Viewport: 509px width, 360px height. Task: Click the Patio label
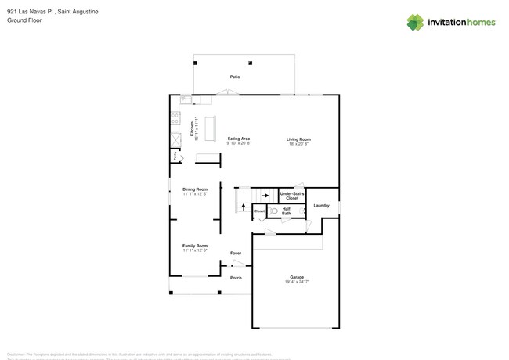235,77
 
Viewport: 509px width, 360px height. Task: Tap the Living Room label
298,139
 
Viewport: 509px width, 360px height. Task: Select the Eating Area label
238,139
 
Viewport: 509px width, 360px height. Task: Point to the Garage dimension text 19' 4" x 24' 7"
297,282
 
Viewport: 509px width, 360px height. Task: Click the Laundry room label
322,206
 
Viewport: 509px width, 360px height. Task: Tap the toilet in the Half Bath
273,211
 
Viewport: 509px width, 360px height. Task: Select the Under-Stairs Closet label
292,196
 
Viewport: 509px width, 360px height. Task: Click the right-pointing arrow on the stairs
265,196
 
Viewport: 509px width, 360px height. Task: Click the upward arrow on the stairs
243,207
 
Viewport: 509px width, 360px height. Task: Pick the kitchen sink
186,100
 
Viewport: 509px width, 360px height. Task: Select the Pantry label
174,157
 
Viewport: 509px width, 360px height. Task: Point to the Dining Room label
195,189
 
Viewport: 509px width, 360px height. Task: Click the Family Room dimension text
195,250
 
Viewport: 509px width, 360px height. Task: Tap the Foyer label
236,253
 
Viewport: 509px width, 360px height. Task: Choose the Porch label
236,277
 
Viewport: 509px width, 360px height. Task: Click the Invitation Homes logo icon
415,22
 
